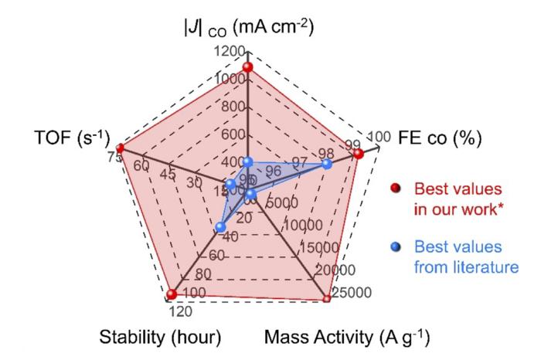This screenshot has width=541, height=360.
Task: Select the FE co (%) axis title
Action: tap(439, 139)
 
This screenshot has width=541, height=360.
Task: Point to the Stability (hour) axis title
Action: tap(160, 338)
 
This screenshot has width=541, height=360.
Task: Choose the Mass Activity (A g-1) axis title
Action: tap(347, 338)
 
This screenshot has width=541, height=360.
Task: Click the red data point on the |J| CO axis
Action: tap(247, 69)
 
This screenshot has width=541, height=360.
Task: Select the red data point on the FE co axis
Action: tap(358, 155)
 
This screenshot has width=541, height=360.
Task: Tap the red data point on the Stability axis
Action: tap(171, 294)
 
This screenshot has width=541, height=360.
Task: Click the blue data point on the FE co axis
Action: tap(326, 164)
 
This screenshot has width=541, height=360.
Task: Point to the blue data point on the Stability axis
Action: tap(220, 227)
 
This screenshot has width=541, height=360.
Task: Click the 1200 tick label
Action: tap(230, 52)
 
